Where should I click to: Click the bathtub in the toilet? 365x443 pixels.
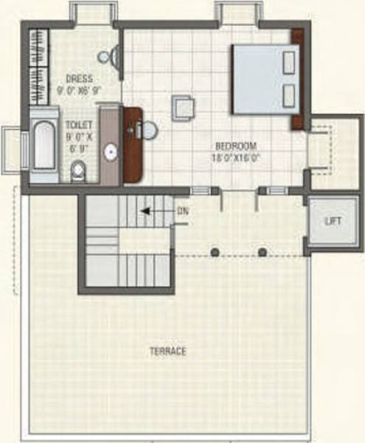[x=44, y=146]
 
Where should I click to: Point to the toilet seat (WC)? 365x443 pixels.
[x=78, y=171]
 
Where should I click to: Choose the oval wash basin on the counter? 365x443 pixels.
[x=111, y=151]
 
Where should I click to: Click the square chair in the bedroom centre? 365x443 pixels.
[x=184, y=108]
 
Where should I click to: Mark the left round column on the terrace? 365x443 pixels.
[x=215, y=252]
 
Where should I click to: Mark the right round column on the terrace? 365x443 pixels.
[x=262, y=252]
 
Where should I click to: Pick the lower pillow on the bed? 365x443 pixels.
[x=288, y=94]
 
